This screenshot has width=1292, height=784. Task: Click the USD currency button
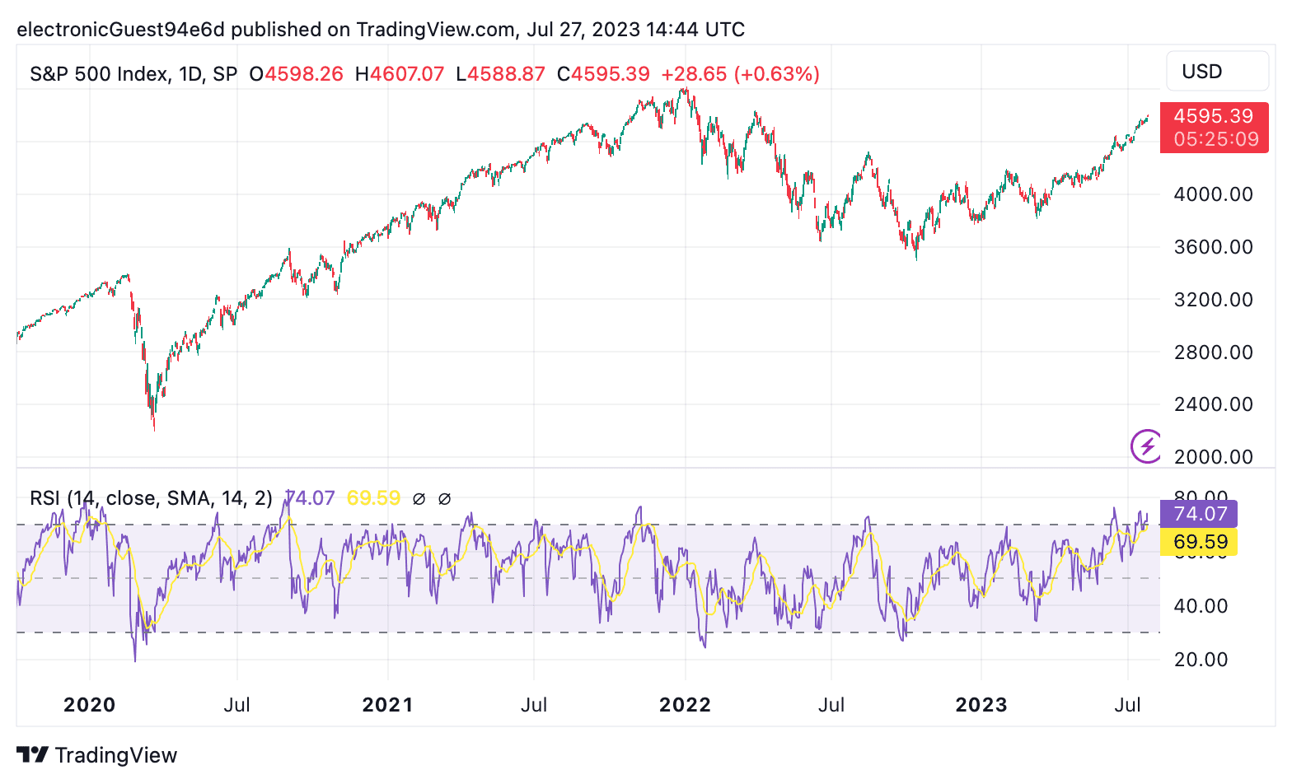tap(1216, 72)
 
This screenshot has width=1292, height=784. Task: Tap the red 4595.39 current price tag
tap(1213, 128)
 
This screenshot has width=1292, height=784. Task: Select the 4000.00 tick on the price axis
tap(1213, 194)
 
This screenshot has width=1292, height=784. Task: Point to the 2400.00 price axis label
tap(1213, 404)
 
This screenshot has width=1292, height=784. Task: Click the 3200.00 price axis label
tap(1213, 300)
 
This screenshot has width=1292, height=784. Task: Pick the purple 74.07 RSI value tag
tap(1199, 514)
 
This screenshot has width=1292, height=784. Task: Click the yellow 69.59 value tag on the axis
tap(1199, 542)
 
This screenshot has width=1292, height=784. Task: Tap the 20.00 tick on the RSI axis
tap(1201, 660)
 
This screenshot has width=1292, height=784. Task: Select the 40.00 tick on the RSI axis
tap(1201, 606)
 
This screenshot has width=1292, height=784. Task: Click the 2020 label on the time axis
tap(89, 705)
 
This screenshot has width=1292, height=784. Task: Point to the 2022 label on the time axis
tap(685, 705)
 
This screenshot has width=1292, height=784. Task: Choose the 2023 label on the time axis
tap(981, 705)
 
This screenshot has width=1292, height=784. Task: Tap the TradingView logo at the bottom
tap(97, 755)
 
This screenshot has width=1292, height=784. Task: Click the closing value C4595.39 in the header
tap(603, 74)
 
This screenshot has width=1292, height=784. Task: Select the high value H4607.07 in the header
tap(400, 74)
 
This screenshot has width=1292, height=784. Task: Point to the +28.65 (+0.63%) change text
tap(740, 74)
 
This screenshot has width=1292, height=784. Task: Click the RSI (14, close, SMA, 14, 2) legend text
tap(151, 498)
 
